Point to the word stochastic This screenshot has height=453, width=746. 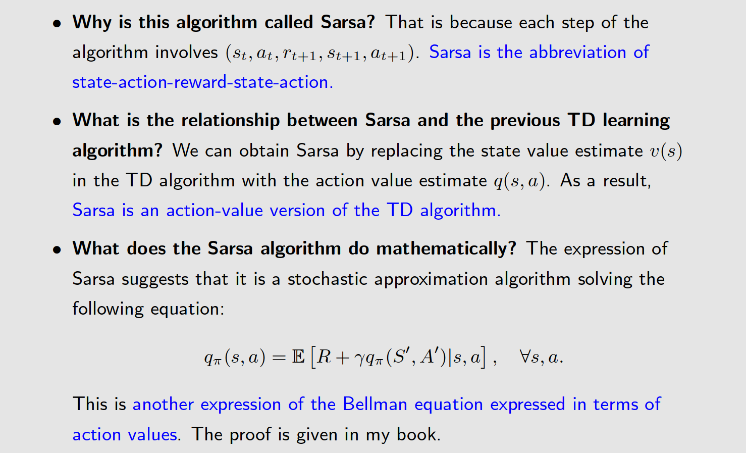(x=327, y=279)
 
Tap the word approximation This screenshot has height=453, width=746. (x=430, y=279)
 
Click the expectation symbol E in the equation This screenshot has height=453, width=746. (x=298, y=357)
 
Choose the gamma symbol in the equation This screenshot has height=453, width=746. (x=359, y=359)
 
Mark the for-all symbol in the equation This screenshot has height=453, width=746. (x=525, y=357)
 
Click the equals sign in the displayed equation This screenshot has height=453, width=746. (x=279, y=358)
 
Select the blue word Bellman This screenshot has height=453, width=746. (x=375, y=405)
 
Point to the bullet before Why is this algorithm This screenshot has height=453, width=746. (x=58, y=23)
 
